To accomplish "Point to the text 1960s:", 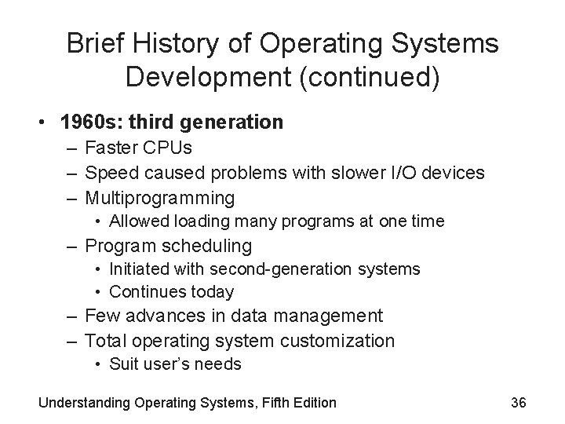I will click(x=79, y=123).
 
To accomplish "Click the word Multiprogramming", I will click(x=159, y=197).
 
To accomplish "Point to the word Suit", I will click(x=123, y=364).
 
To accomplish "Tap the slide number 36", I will click(x=518, y=403).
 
